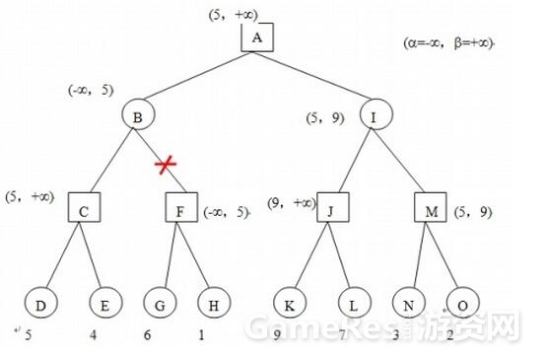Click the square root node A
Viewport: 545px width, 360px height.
tap(256, 38)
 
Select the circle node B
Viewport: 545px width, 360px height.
tap(138, 116)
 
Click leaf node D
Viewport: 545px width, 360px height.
tap(39, 302)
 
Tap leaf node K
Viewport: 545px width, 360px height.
tap(289, 302)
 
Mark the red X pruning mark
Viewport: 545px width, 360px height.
tap(166, 165)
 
